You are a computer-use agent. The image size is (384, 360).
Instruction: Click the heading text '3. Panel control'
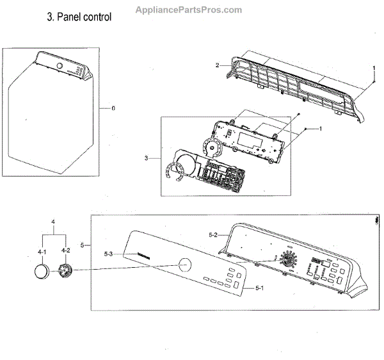pos(79,17)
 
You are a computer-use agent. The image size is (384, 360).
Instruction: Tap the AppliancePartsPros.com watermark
pos(189,10)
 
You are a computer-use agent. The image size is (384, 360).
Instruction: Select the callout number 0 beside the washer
pos(113,108)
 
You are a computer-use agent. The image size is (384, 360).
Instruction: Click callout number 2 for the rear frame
pos(218,65)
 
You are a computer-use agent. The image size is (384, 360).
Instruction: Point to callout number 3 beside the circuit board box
pos(146,158)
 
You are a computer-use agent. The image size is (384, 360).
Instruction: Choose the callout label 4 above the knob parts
pos(52,222)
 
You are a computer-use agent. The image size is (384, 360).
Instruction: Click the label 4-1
pos(42,252)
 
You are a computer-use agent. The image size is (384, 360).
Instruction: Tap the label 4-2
pos(65,252)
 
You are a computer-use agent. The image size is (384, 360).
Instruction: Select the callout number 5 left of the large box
pos(81,244)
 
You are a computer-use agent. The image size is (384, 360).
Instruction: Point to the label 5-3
pos(108,255)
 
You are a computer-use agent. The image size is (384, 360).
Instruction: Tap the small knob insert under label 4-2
pos(64,272)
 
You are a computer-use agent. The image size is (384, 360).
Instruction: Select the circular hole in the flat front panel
pos(184,264)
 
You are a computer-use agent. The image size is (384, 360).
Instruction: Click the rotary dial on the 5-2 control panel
pos(287,261)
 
